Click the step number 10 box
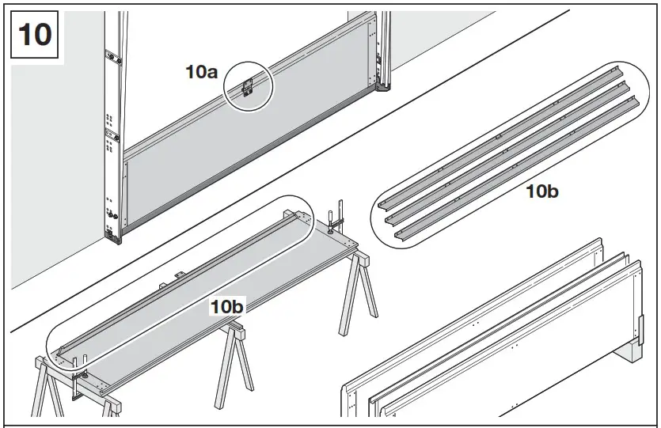33,34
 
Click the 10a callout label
202,72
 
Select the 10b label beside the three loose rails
543,191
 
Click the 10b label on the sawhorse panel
226,306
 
